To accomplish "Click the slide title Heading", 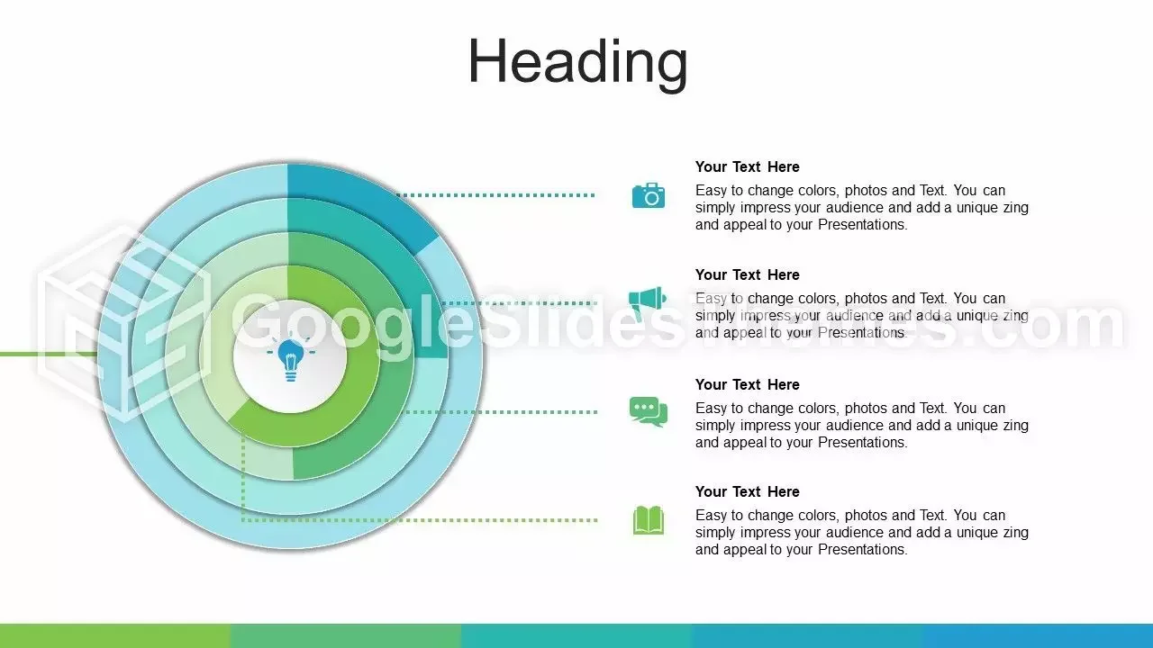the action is click(577, 63).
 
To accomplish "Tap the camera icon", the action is click(649, 195).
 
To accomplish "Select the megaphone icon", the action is click(648, 302).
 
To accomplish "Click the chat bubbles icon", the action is click(649, 411).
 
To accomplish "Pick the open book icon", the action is click(649, 520).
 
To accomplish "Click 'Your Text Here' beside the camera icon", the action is click(748, 166).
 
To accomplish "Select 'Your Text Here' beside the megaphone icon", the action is click(748, 274).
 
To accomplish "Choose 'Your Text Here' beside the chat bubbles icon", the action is click(748, 384).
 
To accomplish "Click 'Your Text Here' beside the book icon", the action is click(748, 491).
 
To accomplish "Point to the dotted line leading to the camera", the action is click(496, 195).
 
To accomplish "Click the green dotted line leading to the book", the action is click(420, 520).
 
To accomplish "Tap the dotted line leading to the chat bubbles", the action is click(501, 412).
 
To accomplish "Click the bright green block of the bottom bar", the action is click(115, 635).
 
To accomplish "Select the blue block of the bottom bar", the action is click(1038, 635).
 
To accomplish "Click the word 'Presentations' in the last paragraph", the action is click(862, 549).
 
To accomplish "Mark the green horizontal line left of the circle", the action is click(49, 354).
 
